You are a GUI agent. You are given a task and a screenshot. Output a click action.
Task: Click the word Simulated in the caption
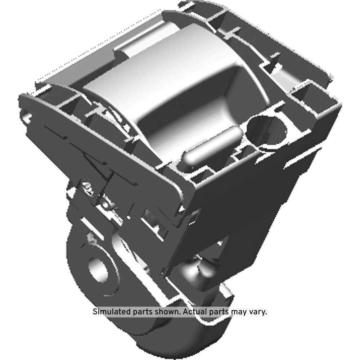[x=112, y=312]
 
